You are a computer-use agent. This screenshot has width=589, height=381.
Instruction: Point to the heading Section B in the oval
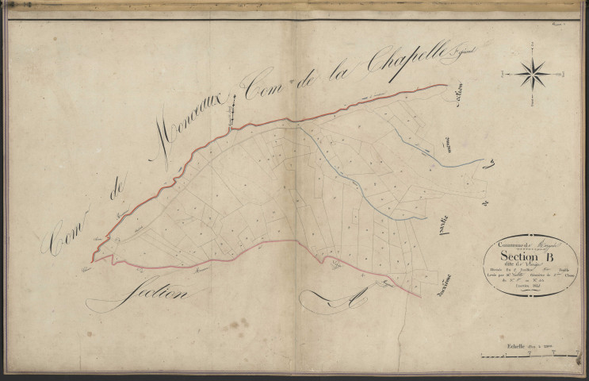tap(530, 256)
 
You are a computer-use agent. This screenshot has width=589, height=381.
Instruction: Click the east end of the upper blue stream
tap(484, 160)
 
